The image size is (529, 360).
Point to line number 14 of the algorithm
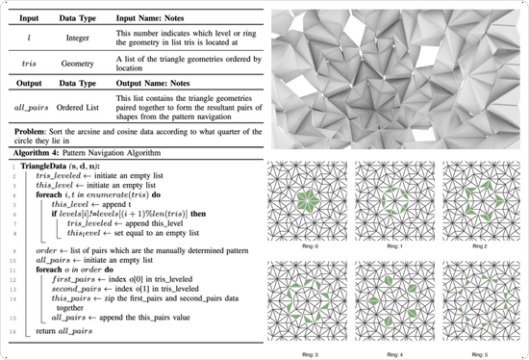tap(13, 332)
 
